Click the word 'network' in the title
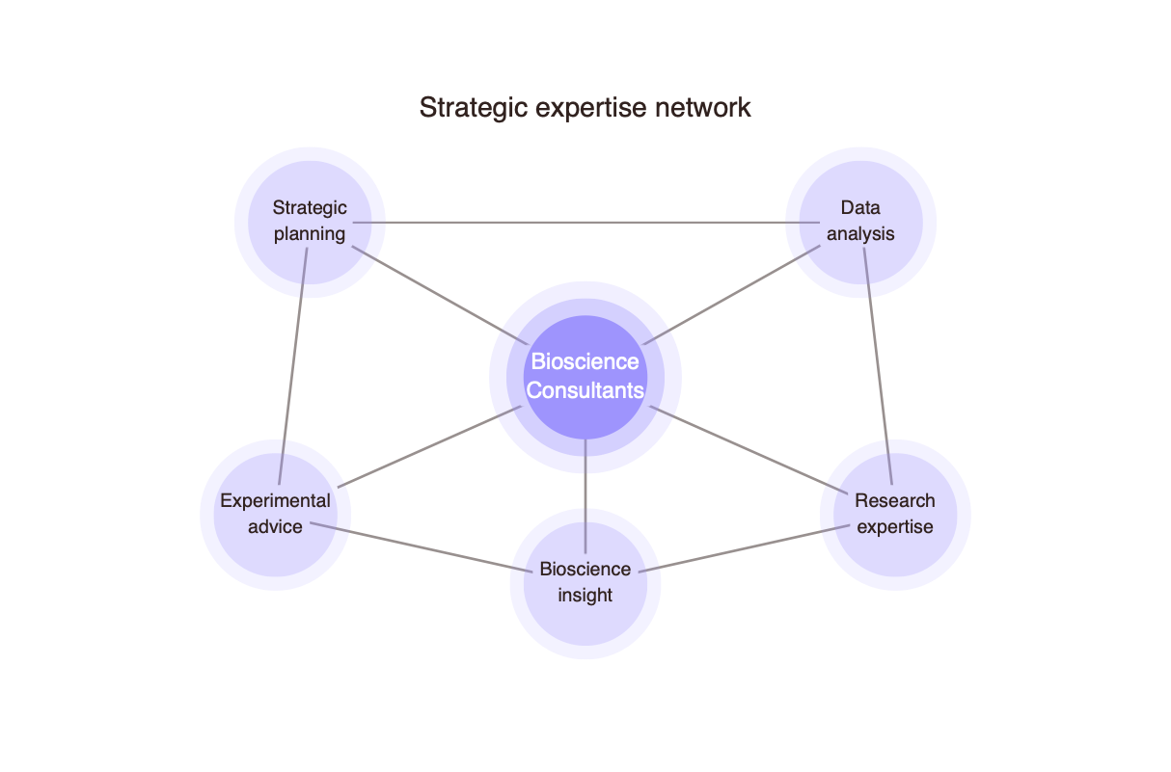[x=702, y=108]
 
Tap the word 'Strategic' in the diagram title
[x=474, y=109]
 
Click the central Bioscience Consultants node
[x=585, y=377]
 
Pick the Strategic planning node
[x=310, y=223]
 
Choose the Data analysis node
[x=861, y=223]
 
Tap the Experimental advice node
[x=276, y=515]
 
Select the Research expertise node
[x=895, y=515]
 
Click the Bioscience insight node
[x=585, y=584]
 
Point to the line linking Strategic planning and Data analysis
[x=586, y=223]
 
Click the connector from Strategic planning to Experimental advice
[x=293, y=365]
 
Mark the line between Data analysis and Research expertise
[x=878, y=365]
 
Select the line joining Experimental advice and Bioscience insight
[x=422, y=547]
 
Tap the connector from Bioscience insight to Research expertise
[x=745, y=548]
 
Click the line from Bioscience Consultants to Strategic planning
[x=440, y=295]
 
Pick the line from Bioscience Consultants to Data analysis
[x=731, y=295]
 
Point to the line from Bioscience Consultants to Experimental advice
[x=429, y=446]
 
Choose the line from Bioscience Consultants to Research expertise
[x=749, y=450]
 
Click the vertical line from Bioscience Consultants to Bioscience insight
[x=585, y=496]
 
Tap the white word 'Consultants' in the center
[x=585, y=390]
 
